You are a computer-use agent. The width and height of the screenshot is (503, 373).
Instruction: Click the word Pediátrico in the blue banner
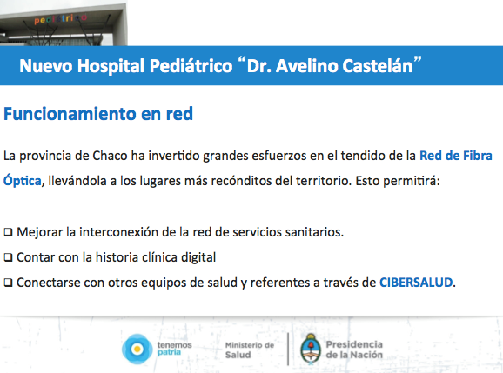(x=191, y=66)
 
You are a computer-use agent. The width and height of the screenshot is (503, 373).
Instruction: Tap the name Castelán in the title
(x=378, y=66)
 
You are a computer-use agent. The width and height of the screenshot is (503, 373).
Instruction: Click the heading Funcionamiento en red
(x=98, y=114)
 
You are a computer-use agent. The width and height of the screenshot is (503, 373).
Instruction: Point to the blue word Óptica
(x=23, y=180)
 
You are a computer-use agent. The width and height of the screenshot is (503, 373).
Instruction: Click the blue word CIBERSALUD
(x=416, y=283)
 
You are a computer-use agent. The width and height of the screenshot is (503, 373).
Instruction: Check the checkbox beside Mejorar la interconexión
(x=9, y=232)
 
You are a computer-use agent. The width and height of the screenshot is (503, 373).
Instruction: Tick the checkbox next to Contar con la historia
(x=9, y=257)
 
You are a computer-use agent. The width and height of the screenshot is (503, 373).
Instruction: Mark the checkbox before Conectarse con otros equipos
(x=9, y=283)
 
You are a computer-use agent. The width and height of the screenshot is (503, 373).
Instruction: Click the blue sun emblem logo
(x=137, y=349)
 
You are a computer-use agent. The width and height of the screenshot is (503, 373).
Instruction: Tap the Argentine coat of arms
(x=311, y=349)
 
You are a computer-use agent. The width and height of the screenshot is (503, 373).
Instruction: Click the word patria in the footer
(x=169, y=352)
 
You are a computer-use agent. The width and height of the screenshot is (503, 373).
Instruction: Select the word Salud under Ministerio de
(x=238, y=355)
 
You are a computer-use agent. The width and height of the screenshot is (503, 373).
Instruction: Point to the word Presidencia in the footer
(x=354, y=344)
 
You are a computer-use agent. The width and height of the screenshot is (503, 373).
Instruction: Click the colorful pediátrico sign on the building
(x=61, y=19)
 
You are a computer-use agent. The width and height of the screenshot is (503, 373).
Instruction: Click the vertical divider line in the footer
(x=288, y=349)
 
